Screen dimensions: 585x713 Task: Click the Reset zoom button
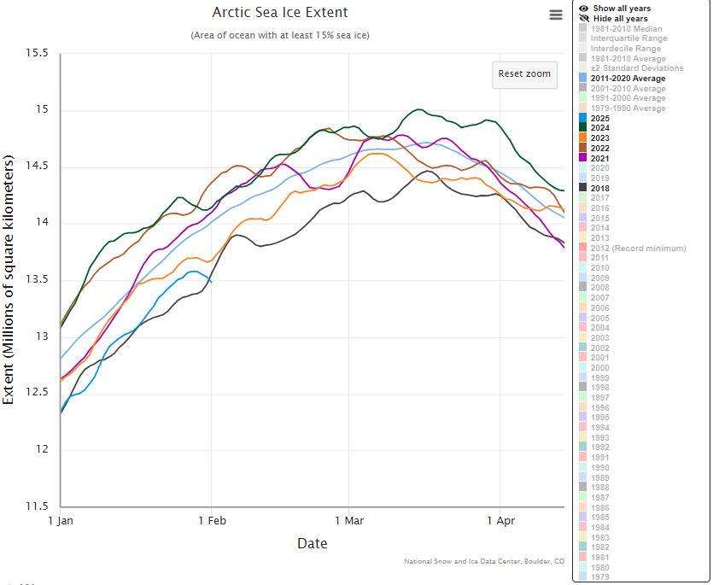[x=524, y=73]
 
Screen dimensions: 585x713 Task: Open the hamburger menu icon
[x=556, y=15]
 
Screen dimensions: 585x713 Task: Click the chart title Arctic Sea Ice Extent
[x=280, y=13]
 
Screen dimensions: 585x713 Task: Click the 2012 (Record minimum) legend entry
[x=638, y=248]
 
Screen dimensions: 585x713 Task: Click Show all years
[x=622, y=9]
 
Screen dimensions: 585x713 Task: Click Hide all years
[x=620, y=19]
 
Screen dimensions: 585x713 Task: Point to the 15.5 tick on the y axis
[x=37, y=54]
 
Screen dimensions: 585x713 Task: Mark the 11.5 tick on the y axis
[x=37, y=506]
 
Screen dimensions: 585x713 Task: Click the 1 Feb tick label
[x=212, y=520]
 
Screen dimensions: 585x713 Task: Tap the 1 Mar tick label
[x=349, y=520]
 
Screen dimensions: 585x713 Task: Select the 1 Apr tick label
[x=500, y=520]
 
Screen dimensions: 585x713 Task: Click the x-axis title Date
[x=312, y=543]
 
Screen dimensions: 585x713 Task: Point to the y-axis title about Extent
[x=9, y=280]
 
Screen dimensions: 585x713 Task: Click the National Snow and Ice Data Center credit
[x=484, y=561]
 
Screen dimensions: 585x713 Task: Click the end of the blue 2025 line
[x=212, y=281]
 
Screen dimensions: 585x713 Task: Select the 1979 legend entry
[x=599, y=576]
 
